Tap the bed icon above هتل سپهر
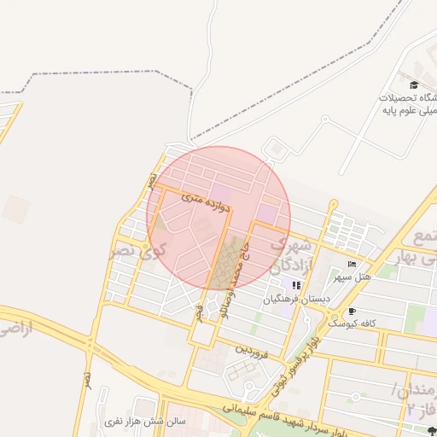coord(352,264)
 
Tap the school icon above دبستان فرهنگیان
coord(296,285)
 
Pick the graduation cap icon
coord(414,84)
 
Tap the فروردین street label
coord(253,349)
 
